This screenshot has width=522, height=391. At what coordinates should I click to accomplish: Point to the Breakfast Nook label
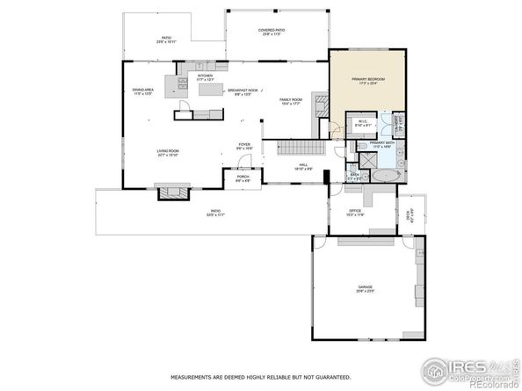pyautogui.click(x=243, y=91)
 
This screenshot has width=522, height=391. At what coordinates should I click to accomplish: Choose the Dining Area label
pyautogui.click(x=143, y=91)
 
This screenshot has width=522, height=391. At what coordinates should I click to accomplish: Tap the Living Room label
pyautogui.click(x=168, y=153)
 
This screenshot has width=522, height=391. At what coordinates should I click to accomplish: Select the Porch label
pyautogui.click(x=243, y=177)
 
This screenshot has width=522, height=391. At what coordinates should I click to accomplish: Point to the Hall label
pyautogui.click(x=303, y=164)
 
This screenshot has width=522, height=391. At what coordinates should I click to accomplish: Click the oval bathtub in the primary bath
pyautogui.click(x=384, y=176)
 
